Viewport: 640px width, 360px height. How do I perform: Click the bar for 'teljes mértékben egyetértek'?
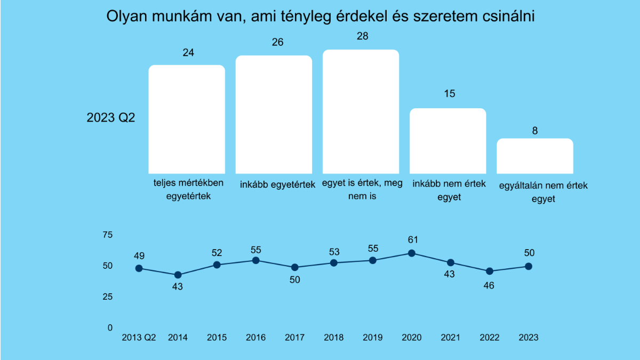(187, 118)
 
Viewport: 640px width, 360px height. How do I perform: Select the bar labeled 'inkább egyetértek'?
(274, 114)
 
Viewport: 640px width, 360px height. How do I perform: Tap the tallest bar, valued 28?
(361, 111)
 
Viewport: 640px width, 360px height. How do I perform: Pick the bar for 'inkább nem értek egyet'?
(448, 141)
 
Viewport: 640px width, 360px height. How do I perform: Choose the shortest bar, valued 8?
(535, 156)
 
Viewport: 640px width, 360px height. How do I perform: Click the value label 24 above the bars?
(188, 53)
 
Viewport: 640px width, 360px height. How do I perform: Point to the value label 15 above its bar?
(449, 94)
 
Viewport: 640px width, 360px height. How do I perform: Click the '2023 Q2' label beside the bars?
(111, 118)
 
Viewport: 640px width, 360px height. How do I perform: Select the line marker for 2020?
(412, 253)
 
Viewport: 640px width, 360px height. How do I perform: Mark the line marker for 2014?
(178, 275)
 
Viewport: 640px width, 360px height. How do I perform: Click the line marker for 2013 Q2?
(139, 268)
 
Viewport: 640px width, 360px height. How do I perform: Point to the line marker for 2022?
(490, 271)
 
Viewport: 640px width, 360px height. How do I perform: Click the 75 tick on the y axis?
(107, 235)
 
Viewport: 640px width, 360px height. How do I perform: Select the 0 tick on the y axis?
(110, 327)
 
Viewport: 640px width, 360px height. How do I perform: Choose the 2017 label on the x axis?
(294, 338)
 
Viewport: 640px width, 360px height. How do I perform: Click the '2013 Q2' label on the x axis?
(139, 338)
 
